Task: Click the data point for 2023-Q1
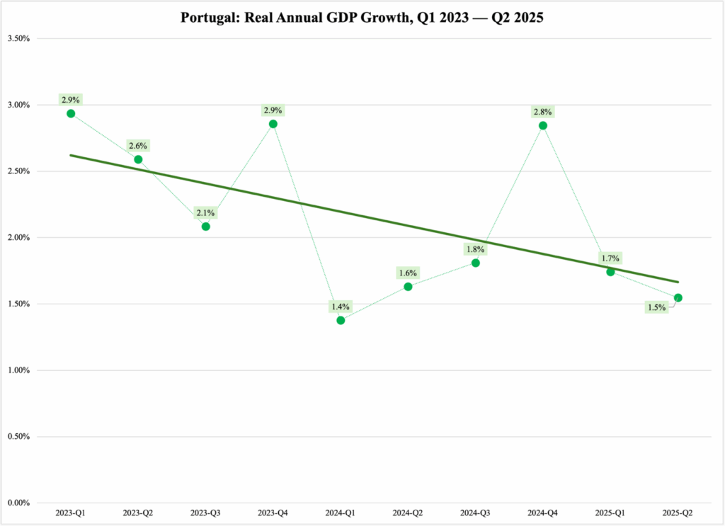tap(71, 113)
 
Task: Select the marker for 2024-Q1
tap(341, 320)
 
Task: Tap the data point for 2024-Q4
tap(543, 125)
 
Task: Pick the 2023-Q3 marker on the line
tap(206, 227)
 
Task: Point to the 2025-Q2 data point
tap(678, 297)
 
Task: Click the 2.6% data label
tap(138, 146)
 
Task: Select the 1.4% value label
tap(340, 307)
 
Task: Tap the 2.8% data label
tap(543, 112)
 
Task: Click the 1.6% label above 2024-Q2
tap(408, 273)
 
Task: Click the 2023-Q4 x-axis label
tap(273, 512)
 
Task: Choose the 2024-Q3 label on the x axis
tap(476, 512)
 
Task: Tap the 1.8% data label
tap(475, 250)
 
